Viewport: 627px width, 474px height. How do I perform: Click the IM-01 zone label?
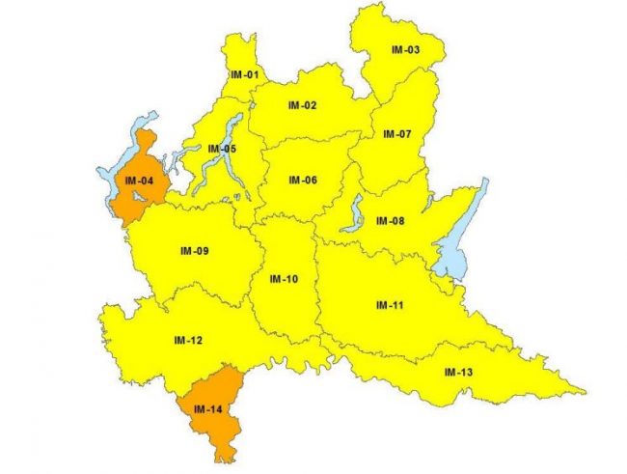pyautogui.click(x=245, y=74)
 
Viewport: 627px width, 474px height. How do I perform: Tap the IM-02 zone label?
pyautogui.click(x=302, y=105)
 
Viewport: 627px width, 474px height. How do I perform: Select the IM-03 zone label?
pyautogui.click(x=405, y=49)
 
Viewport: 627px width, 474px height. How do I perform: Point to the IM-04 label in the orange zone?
pyautogui.click(x=134, y=181)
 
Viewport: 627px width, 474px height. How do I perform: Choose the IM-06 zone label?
pyautogui.click(x=302, y=180)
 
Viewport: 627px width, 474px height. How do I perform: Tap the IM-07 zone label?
pyautogui.click(x=396, y=133)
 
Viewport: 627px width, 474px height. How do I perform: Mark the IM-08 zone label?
pyautogui.click(x=390, y=221)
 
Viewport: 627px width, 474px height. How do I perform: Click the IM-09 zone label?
pyautogui.click(x=194, y=251)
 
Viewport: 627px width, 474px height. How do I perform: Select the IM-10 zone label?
pyautogui.click(x=284, y=279)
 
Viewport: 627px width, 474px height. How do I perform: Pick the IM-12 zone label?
pyautogui.click(x=187, y=340)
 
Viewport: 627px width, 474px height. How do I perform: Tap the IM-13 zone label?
pyautogui.click(x=458, y=372)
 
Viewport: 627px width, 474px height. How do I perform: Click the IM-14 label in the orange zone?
pyautogui.click(x=206, y=410)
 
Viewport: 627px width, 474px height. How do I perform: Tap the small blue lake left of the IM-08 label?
pyautogui.click(x=353, y=215)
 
